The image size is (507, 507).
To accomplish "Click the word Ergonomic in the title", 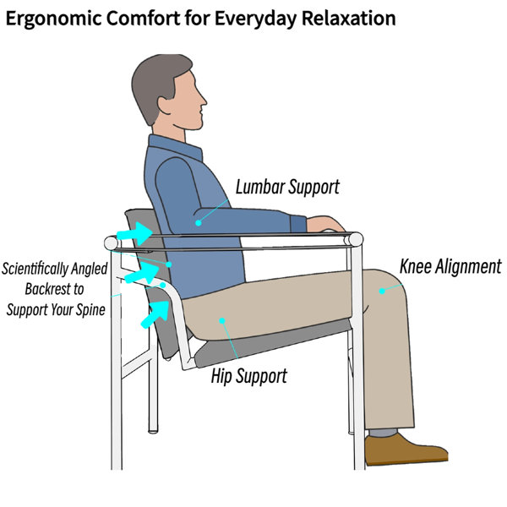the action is click(x=54, y=19).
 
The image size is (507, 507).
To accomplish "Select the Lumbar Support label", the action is click(x=287, y=188).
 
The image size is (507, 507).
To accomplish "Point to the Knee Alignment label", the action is click(x=450, y=266).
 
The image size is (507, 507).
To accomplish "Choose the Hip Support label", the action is click(x=249, y=376).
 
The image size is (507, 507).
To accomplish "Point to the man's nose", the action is click(x=202, y=99).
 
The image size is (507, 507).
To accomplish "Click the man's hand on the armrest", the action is click(x=325, y=224).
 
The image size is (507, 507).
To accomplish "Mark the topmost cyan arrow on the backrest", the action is click(x=135, y=233).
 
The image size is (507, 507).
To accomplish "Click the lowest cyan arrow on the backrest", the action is click(x=155, y=314).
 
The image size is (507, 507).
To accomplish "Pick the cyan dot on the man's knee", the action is click(x=382, y=291).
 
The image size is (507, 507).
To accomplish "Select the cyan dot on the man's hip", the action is click(x=222, y=321).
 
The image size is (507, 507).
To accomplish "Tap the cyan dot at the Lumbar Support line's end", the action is click(x=199, y=223).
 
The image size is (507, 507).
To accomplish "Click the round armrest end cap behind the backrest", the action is click(x=112, y=243).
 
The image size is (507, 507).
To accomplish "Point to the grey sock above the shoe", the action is click(x=383, y=433).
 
